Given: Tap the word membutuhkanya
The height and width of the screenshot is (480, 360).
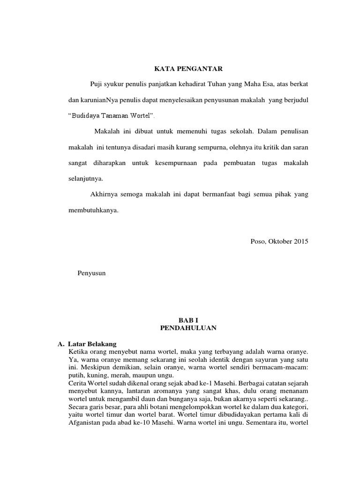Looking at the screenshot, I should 93,210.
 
